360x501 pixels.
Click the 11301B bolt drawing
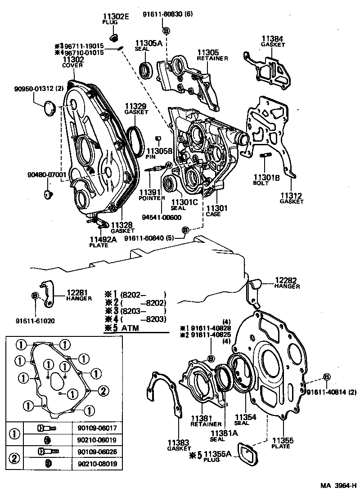(x=265, y=156)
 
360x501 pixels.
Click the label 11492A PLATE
(x=103, y=242)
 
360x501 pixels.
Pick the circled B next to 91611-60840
(x=185, y=231)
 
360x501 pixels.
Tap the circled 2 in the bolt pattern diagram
(x=103, y=391)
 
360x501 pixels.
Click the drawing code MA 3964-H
(x=338, y=486)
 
